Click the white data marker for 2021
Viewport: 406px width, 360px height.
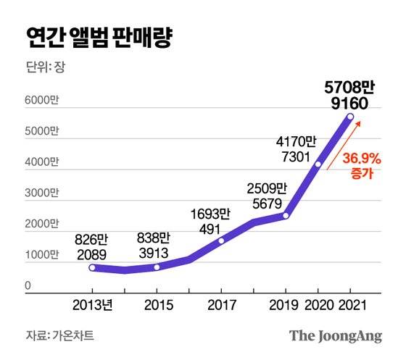point(351,117)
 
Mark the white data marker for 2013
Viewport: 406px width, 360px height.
point(92,267)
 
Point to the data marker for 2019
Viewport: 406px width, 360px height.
point(286,215)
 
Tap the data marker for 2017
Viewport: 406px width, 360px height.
point(221,240)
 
